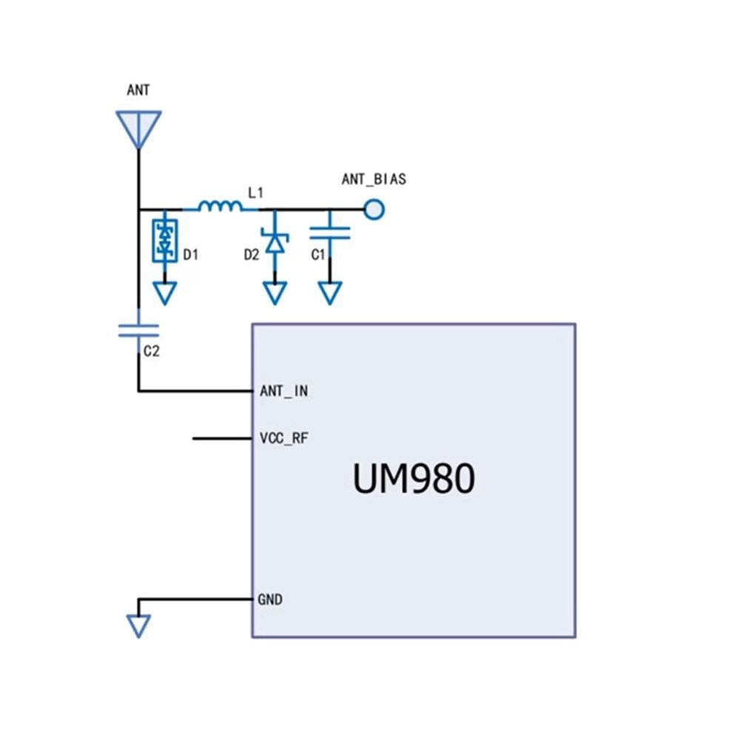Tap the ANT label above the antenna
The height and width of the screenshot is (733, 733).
[138, 90]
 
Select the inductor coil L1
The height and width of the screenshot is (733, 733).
[220, 206]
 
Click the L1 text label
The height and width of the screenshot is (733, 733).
[255, 193]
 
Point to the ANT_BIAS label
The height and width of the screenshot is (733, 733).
[374, 179]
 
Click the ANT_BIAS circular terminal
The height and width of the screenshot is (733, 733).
[374, 210]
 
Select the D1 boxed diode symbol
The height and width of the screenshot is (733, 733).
[165, 241]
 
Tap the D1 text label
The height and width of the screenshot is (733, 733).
[191, 255]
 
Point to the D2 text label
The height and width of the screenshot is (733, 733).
[252, 255]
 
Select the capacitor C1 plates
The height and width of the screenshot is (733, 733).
[330, 233]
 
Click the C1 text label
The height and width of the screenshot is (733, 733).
[318, 255]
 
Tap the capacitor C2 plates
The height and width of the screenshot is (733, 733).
[139, 330]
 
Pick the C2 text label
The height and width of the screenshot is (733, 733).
[152, 351]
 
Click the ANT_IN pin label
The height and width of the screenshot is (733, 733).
[284, 391]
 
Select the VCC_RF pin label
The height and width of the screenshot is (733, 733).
[284, 438]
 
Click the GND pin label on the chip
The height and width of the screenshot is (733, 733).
[270, 599]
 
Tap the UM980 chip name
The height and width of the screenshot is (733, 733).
[414, 479]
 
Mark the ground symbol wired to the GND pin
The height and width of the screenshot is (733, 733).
[139, 626]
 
